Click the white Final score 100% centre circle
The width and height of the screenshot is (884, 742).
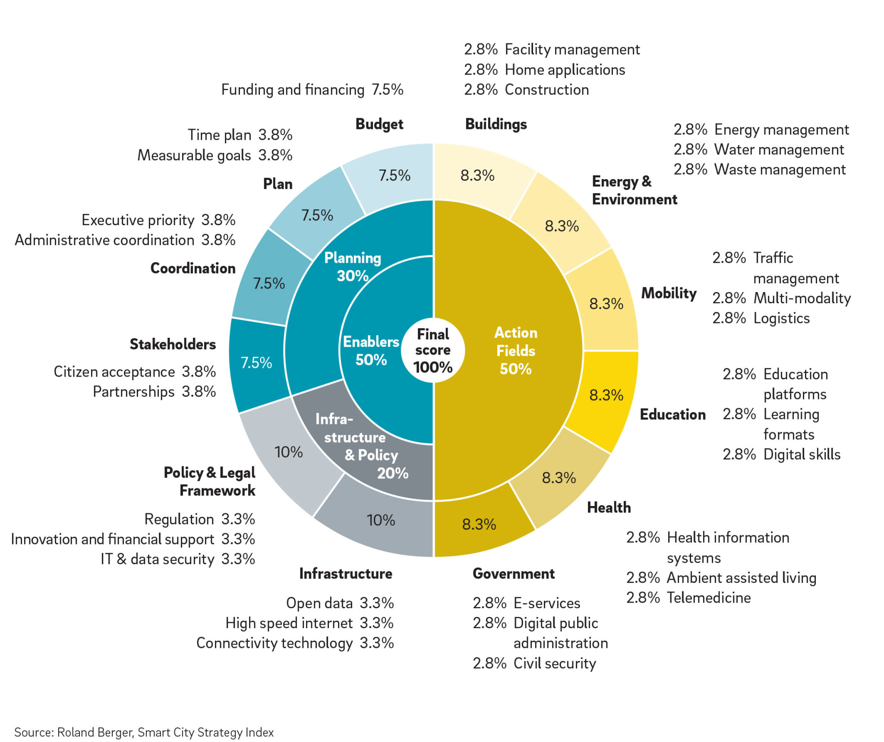coord(433,350)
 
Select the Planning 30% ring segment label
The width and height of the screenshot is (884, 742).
coord(353,267)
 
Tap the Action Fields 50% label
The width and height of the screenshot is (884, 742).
coord(516,350)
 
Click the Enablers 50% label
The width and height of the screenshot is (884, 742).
coord(371,350)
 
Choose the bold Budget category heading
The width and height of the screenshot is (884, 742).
coord(379,124)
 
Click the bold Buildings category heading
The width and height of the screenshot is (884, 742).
coord(496,124)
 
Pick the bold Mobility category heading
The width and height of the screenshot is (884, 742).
coord(669,293)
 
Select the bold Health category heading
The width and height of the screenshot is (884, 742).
coord(609,507)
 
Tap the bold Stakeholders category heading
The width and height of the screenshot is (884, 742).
coord(173,344)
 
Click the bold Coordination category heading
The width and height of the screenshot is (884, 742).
coord(193,268)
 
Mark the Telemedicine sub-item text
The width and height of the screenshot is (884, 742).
coord(709,598)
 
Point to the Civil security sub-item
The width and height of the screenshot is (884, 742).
coord(555,663)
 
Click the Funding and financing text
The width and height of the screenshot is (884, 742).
coord(293,90)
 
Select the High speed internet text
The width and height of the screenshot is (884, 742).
coord(289,623)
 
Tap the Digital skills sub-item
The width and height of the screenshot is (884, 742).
coord(802,454)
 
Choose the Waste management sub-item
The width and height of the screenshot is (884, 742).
coord(780,170)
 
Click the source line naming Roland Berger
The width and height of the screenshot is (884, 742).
coord(144,732)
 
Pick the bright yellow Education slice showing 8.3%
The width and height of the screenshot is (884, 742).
coord(606,395)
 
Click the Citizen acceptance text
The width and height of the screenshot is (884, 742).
coord(114,372)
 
